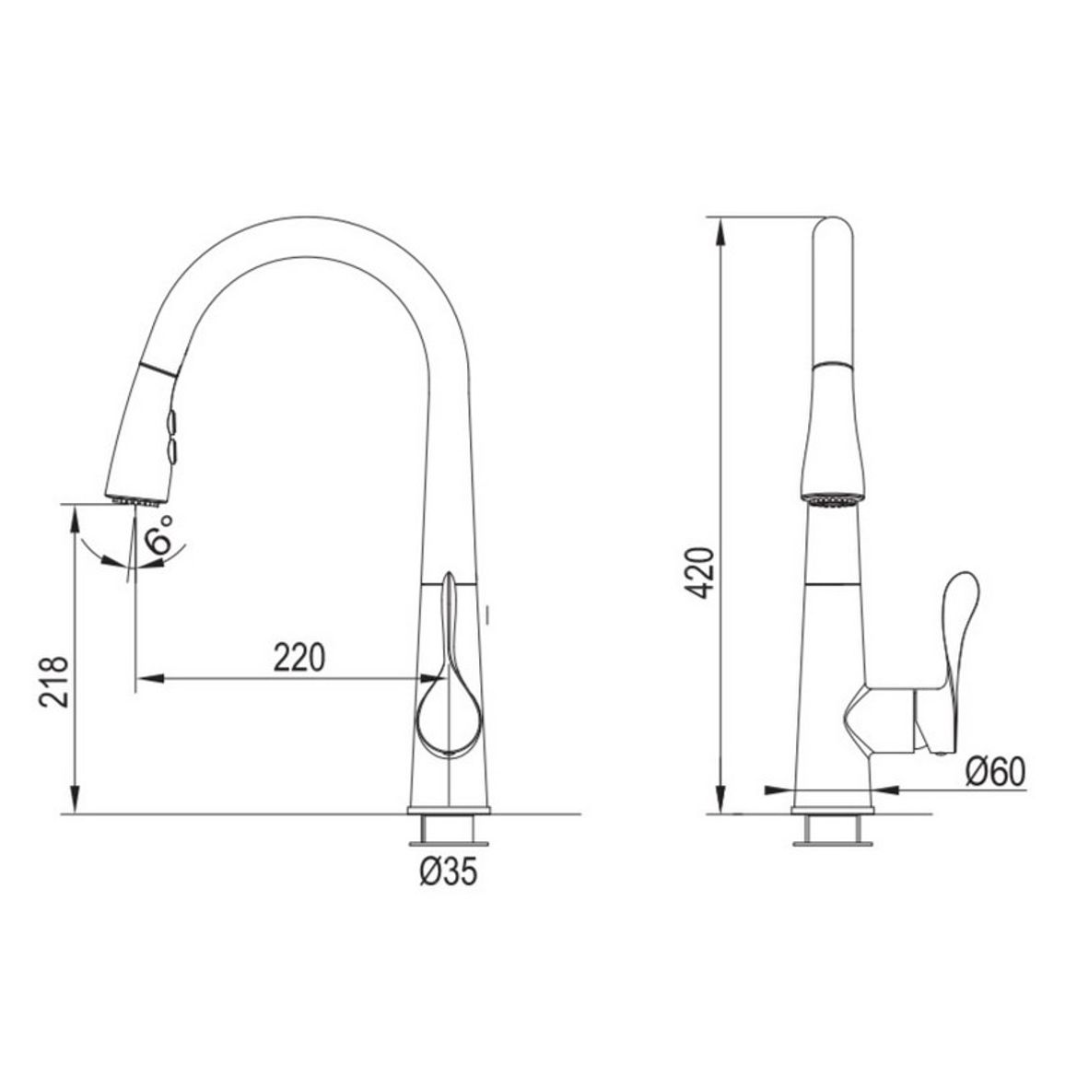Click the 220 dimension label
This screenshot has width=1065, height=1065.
click(299, 657)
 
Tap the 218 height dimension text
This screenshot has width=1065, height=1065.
click(53, 682)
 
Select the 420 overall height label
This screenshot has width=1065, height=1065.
click(699, 572)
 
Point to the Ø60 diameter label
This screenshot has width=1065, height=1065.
click(995, 772)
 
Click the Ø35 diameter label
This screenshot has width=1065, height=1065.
click(449, 871)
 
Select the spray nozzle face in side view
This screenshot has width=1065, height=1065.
click(833, 500)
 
